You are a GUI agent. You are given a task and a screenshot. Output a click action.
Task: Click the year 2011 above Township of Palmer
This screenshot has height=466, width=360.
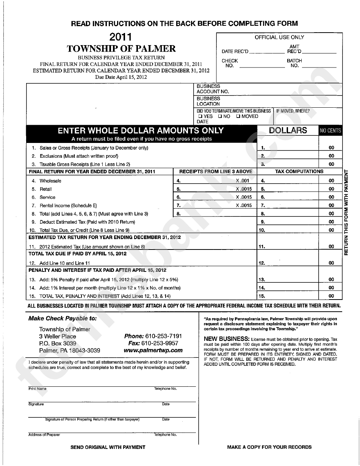[121, 37]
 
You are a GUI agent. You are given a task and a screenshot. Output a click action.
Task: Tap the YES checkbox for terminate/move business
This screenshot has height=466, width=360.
[199, 116]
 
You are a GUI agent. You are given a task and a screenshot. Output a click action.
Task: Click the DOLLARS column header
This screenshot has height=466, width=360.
[288, 130]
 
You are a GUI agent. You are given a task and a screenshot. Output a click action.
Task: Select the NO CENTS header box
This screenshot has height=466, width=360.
[330, 131]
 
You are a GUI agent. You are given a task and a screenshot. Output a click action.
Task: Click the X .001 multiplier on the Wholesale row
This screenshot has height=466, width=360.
[243, 181]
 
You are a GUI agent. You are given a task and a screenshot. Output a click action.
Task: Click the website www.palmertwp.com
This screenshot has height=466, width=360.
[153, 350]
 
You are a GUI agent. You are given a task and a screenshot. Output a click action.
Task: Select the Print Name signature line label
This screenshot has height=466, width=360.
[38, 389]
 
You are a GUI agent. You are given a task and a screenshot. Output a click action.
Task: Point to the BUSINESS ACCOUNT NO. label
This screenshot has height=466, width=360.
[213, 89]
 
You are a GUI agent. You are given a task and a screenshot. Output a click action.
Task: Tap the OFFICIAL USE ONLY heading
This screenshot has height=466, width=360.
[279, 37]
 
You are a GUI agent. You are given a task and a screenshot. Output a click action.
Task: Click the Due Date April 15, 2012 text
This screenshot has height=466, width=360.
[121, 77]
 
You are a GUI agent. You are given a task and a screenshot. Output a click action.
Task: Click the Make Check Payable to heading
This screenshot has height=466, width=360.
[63, 319]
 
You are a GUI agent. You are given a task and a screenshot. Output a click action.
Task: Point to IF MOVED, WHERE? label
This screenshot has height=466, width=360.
[293, 111]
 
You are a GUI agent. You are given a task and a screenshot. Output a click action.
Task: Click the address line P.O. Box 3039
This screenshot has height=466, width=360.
[58, 343]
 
